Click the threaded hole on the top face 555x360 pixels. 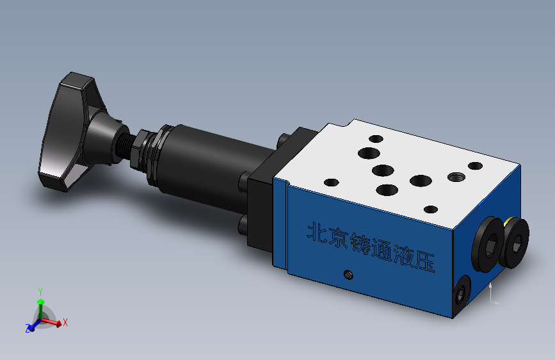click(456, 176)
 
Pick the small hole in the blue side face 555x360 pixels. click(348, 275)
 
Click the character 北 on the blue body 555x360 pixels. click(318, 233)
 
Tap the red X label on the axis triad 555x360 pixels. click(65, 322)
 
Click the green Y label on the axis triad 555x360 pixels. click(40, 291)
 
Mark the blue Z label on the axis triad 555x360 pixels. click(28, 328)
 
